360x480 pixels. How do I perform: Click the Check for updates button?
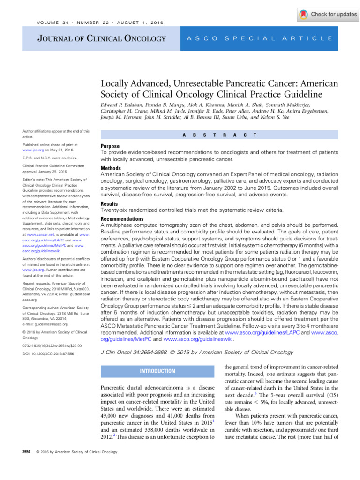[328, 15]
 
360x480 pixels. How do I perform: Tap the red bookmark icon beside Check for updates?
[304, 15]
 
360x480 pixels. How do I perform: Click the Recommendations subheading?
[122, 219]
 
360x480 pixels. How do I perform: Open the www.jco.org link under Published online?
[38, 152]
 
